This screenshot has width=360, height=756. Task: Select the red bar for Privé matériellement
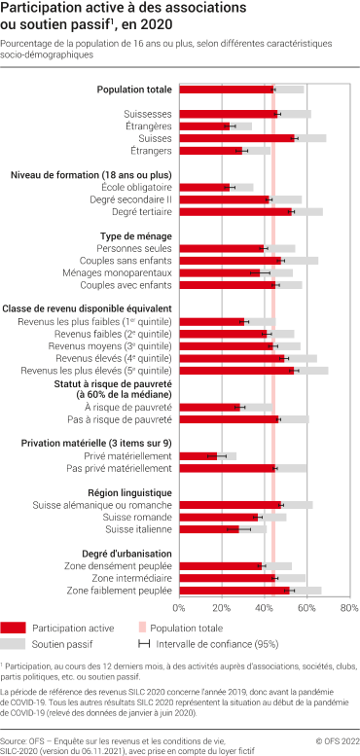tap(198, 455)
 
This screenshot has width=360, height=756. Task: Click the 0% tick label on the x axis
tap(179, 608)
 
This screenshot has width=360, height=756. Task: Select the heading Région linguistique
tap(129, 492)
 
